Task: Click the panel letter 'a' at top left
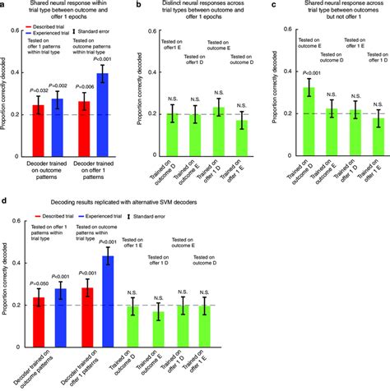(x=4, y=6)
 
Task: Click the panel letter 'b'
(x=137, y=6)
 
